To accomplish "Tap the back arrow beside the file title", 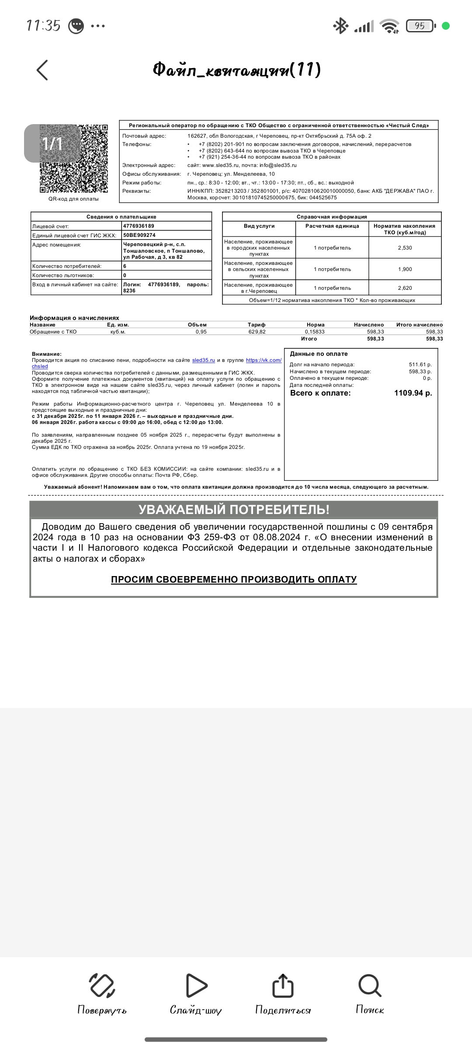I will [42, 70].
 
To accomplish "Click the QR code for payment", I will [74, 159].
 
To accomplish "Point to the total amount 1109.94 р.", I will [413, 393].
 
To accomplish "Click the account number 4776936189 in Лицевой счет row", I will [139, 226].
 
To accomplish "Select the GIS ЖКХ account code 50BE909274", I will [139, 235].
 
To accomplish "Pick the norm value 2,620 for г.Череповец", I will [405, 288].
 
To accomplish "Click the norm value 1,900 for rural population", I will [405, 269].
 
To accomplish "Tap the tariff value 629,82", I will [257, 332].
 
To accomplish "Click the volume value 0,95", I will [201, 332].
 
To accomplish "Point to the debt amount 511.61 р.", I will [420, 365].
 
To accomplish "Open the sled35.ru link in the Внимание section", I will [204, 360].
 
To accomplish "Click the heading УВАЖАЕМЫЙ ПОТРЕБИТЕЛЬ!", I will [234, 510].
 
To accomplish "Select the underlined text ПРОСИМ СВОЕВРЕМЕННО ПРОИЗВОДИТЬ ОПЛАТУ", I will [234, 580].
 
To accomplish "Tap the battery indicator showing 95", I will [420, 26].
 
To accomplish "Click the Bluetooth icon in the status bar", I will [340, 26].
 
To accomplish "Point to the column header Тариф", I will [257, 325].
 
